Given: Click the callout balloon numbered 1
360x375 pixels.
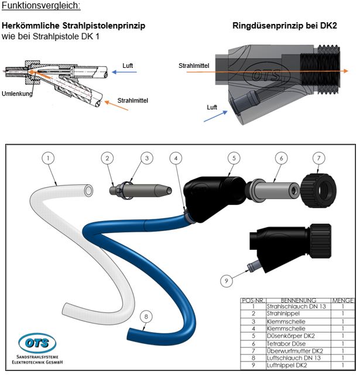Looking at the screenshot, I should point(49,157).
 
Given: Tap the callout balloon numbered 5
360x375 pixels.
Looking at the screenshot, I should point(234,157).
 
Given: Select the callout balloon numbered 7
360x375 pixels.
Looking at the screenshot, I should point(334,157).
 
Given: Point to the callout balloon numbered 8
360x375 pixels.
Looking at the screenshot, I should point(146,316).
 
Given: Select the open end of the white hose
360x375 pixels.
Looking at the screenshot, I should point(87,191).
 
